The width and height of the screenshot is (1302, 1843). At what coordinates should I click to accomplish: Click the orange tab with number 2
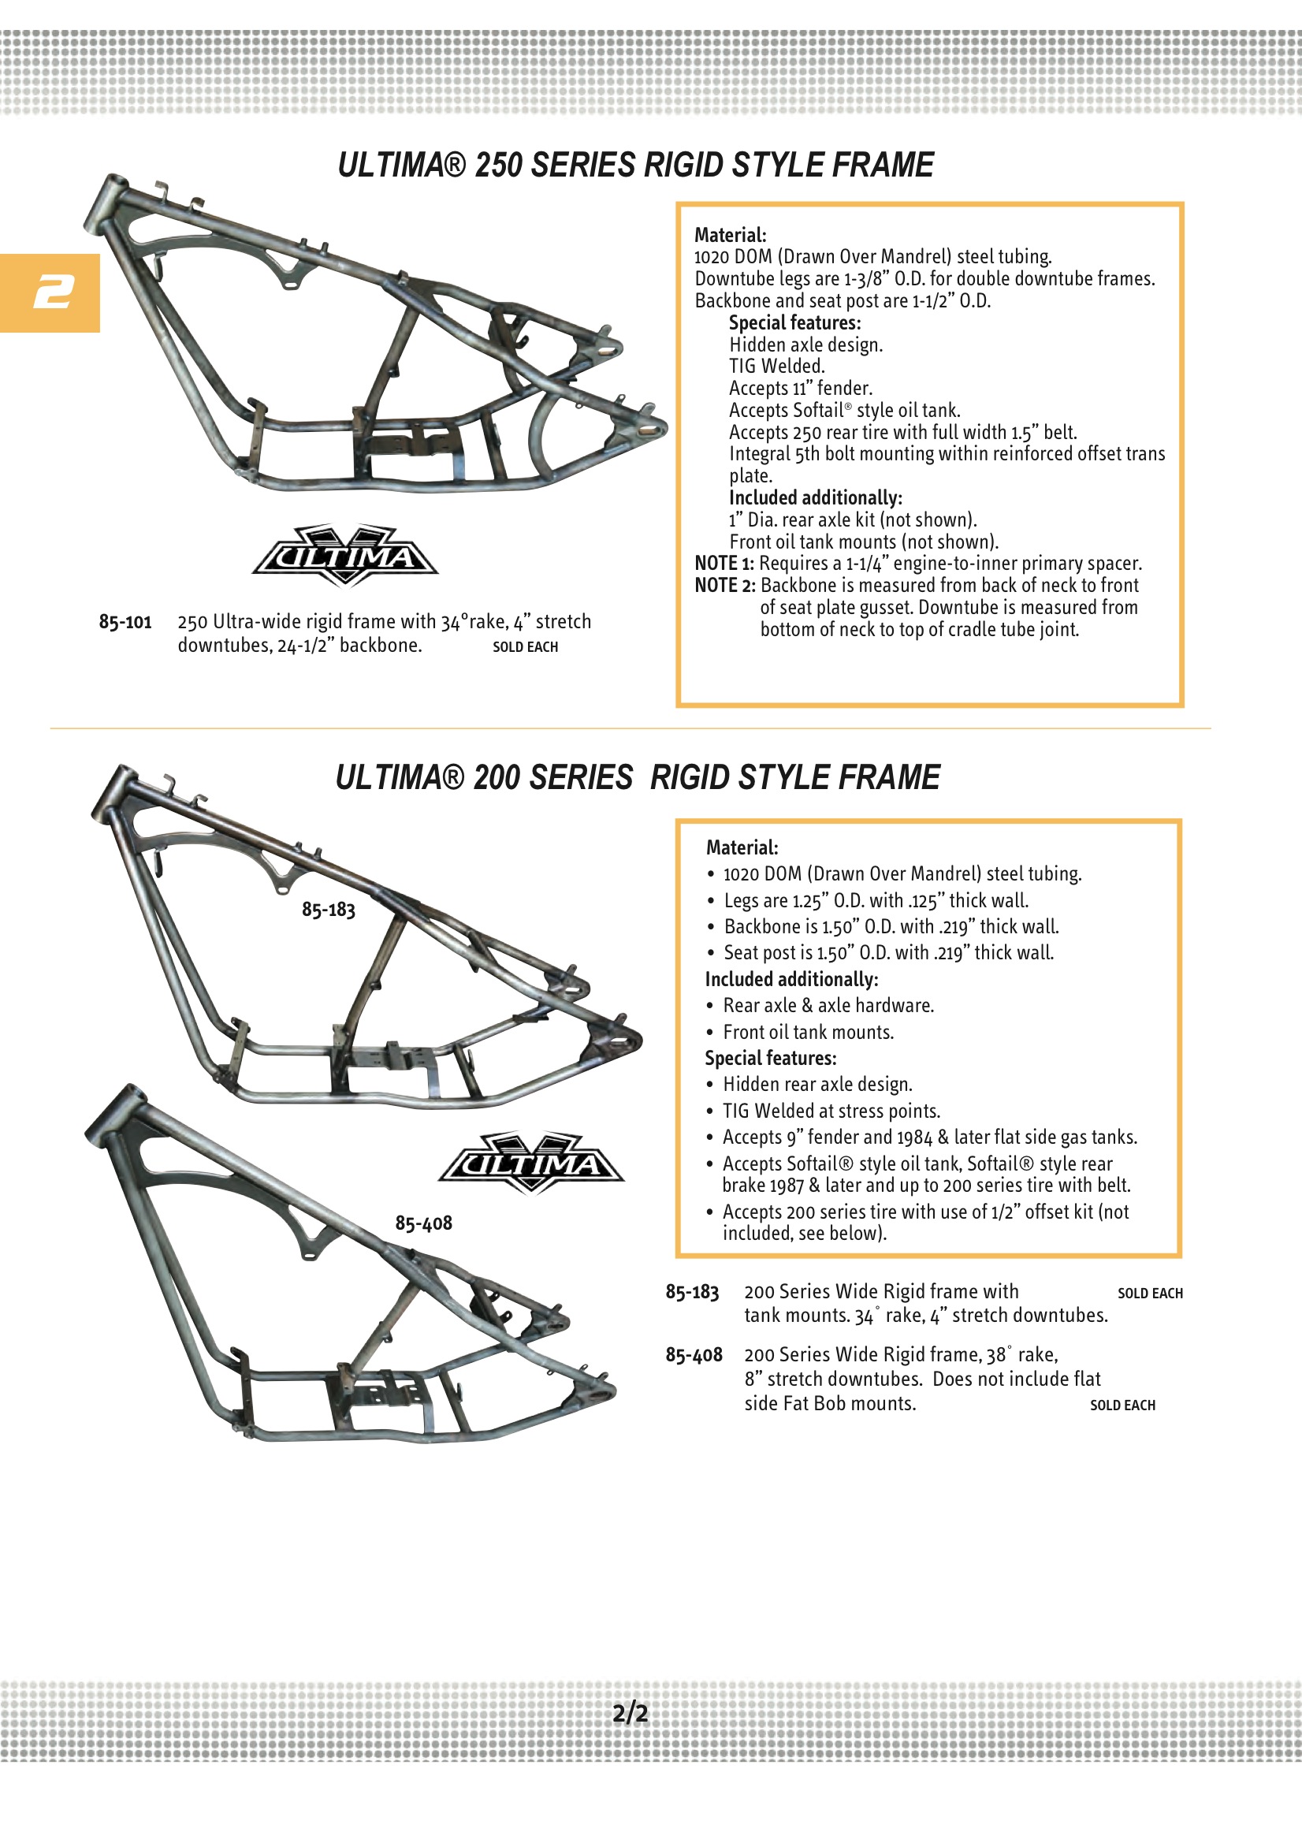pos(50,292)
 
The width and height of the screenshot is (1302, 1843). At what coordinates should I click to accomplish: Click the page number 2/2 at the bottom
pos(631,1713)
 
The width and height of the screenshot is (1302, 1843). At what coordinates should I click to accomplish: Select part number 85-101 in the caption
pos(125,622)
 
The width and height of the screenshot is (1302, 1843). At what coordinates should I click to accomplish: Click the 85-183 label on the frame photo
pos(329,910)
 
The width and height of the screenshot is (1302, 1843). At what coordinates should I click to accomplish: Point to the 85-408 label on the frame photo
pos(423,1223)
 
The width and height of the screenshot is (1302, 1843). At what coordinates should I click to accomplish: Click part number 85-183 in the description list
pos(692,1292)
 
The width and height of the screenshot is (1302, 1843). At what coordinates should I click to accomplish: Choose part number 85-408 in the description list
pos(694,1355)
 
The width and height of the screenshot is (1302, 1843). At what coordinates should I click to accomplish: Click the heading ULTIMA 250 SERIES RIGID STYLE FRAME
pos(635,166)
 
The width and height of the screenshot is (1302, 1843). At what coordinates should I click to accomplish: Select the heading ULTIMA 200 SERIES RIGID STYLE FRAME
pos(638,778)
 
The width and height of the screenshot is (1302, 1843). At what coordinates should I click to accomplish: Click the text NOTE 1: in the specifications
pos(724,564)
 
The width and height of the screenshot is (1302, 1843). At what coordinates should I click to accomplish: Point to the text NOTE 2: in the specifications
pos(725,586)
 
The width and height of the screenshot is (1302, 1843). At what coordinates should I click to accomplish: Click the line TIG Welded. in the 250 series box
pos(776,367)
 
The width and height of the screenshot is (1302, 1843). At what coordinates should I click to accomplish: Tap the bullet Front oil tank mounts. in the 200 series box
pos(808,1033)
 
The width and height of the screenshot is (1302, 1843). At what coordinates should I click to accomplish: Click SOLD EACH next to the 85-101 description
pos(525,647)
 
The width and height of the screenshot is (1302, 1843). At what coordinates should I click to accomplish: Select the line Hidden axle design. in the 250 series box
pos(805,345)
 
